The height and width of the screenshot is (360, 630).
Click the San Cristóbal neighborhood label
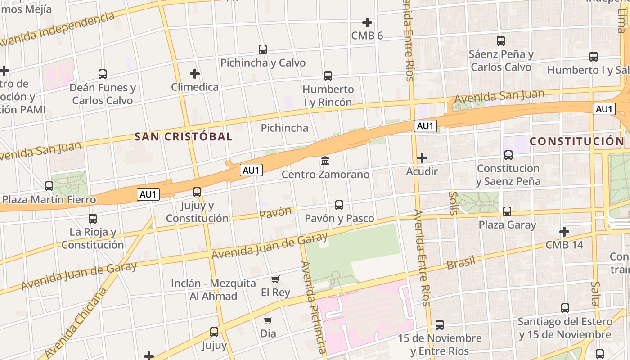pos(184,136)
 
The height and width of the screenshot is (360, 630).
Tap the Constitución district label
pos(577,141)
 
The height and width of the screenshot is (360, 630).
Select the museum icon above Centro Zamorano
pos(325,161)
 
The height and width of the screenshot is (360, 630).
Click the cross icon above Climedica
pos(194,73)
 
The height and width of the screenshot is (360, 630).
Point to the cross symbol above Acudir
pos(422,158)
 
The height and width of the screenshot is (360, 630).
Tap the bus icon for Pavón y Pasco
pos(339,205)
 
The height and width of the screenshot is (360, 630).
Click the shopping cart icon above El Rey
pos(275,279)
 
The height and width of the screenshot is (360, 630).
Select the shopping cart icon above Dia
pos(268,320)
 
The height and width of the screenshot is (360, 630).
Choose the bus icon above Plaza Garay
pos(507,211)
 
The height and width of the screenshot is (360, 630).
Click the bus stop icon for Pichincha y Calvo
pos(263,49)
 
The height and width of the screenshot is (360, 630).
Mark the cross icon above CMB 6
pos(367,22)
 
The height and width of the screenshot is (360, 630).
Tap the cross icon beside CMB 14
pos(564,232)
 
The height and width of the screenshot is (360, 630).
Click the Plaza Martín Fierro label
pos(49,200)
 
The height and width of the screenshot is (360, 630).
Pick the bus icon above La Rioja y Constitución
pos(93,219)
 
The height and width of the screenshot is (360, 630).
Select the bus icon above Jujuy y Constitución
pos(197,192)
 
